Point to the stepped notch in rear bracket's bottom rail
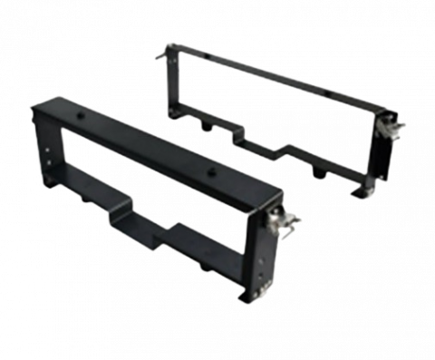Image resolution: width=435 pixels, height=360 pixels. coord(282,149)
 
